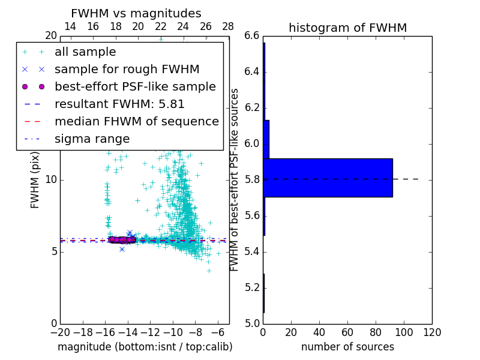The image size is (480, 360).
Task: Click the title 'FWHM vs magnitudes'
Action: pos(136,13)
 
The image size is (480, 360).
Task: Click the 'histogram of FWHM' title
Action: pos(347,28)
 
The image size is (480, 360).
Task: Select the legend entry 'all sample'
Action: pos(85,52)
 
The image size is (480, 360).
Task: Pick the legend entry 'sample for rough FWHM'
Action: pos(127,70)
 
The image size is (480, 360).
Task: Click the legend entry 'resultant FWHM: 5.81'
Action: pos(119,104)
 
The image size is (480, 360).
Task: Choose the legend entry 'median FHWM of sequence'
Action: pos(136,122)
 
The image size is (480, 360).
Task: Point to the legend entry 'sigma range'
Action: pos(92,139)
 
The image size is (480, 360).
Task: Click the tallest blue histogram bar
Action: pos(328,178)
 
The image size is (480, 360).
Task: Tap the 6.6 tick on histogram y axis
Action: pos(252,36)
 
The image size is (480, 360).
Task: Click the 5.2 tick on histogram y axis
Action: pos(252,287)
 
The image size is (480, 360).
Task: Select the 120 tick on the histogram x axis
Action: pos(432,332)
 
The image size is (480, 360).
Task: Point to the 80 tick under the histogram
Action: pos(376,332)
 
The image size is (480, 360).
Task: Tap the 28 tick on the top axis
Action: pos(228,26)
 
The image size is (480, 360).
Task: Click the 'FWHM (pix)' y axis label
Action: pos(35,179)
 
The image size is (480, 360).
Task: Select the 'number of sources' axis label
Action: pos(347,347)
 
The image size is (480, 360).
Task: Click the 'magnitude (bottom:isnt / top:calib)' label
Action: pos(145,347)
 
